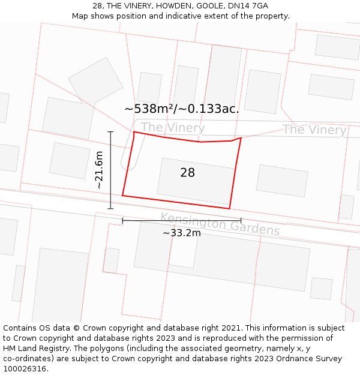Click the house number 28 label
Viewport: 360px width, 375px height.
(x=187, y=173)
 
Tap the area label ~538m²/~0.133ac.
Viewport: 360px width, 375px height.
(x=181, y=109)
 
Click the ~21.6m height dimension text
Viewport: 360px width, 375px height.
(x=100, y=170)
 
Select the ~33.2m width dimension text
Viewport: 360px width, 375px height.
(x=181, y=233)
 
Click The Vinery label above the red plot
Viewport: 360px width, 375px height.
(x=173, y=127)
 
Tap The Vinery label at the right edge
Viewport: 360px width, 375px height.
(x=314, y=130)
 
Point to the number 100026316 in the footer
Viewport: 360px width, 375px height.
(x=24, y=369)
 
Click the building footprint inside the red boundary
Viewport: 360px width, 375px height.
(x=196, y=181)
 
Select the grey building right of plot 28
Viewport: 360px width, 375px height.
(x=282, y=180)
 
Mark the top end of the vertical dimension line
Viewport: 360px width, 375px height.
(x=110, y=131)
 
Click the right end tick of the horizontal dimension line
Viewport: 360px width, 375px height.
(x=241, y=221)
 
